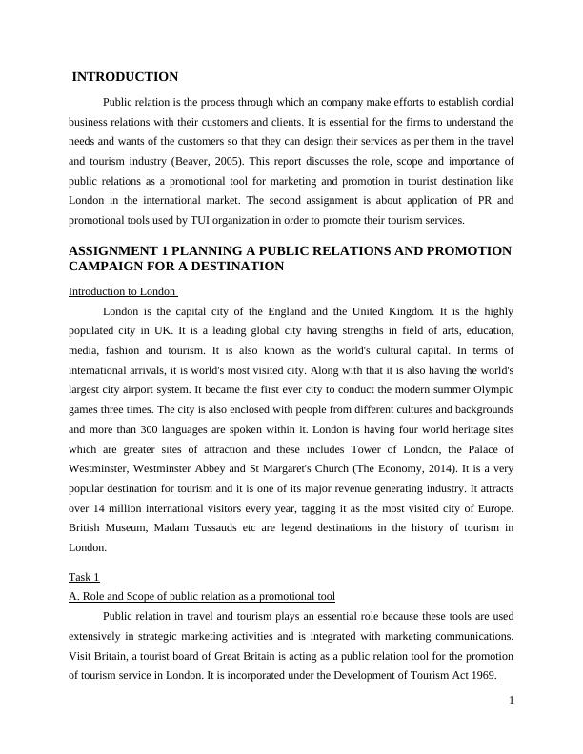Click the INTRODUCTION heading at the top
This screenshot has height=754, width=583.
tap(125, 77)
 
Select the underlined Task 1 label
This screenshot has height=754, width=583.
tap(84, 577)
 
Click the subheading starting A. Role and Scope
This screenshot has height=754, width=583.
tap(202, 597)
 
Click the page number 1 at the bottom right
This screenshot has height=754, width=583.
tap(512, 701)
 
